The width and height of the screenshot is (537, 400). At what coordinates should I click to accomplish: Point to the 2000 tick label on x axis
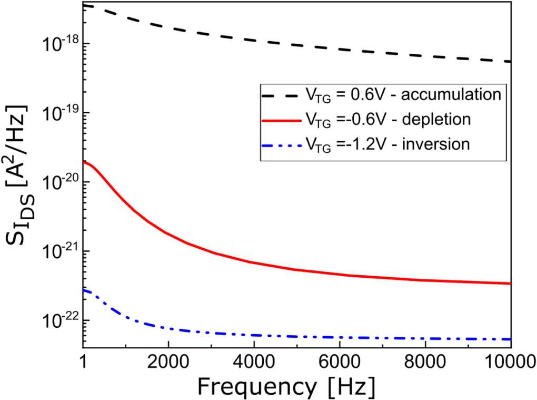tap(168, 363)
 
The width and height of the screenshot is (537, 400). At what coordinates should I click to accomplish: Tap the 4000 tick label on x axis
tap(254, 363)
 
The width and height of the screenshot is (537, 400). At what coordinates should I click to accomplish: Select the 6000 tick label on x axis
tap(340, 363)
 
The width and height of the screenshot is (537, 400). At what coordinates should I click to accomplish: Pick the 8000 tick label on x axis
tap(425, 363)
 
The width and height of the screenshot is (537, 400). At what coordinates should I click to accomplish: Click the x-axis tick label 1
tap(83, 363)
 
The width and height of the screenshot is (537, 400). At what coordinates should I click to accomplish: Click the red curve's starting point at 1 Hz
tap(84, 162)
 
